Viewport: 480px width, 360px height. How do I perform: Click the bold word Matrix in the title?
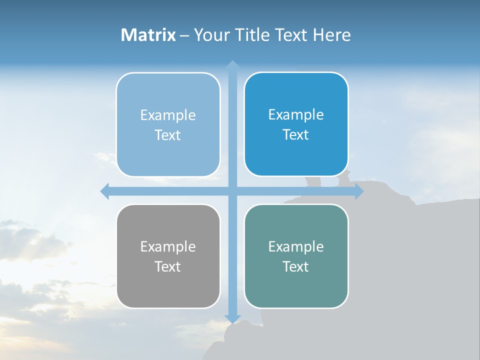(148, 35)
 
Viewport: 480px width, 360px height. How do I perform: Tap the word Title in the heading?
(250, 35)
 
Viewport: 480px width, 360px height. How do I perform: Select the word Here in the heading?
(331, 35)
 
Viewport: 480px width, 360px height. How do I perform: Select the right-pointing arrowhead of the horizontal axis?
(359, 191)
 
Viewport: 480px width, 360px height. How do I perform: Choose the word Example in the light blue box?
(168, 115)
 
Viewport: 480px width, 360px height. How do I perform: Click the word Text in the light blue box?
(168, 135)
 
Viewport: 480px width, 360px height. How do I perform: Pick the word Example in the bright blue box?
(296, 115)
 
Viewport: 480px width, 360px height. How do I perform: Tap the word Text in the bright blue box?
(296, 135)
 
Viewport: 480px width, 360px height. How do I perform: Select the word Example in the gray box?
(168, 247)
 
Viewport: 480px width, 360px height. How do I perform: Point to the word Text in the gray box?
(168, 267)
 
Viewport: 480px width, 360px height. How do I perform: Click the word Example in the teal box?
(296, 247)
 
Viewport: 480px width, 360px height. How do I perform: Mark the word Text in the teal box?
(296, 267)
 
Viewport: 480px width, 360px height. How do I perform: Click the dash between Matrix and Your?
(184, 35)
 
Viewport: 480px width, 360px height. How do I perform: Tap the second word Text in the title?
(291, 35)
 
